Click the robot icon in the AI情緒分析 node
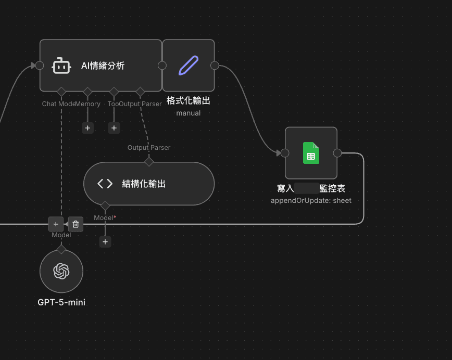tap(61, 66)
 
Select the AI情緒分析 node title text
tap(103, 66)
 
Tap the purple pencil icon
tap(189, 66)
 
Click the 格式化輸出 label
tap(189, 100)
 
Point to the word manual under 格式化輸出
tap(189, 113)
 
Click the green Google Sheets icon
tap(311, 153)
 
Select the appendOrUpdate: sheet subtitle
tap(311, 200)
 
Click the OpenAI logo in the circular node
tap(61, 271)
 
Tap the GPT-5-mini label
tap(61, 302)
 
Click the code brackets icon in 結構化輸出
tap(105, 184)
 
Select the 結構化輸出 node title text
tap(144, 184)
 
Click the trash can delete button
tap(76, 224)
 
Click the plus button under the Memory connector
tap(87, 127)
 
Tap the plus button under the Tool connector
tap(114, 127)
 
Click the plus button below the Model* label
tap(105, 242)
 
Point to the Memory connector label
tap(89, 104)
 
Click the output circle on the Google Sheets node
tap(337, 153)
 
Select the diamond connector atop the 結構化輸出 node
tap(149, 162)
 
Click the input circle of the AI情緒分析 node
tap(40, 66)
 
